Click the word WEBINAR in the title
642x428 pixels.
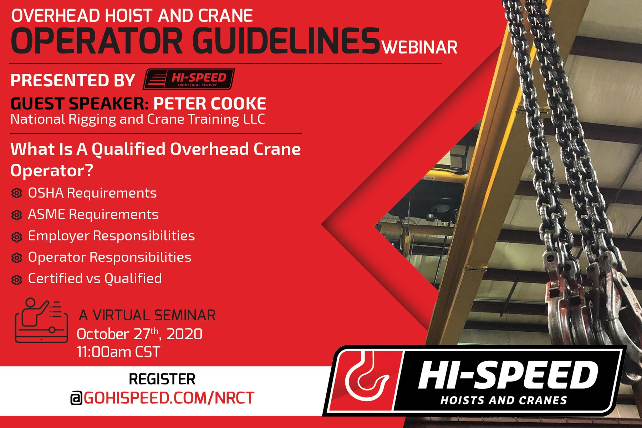coord(420,47)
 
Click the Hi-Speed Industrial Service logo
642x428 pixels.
coord(189,79)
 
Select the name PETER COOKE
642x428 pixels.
coord(210,104)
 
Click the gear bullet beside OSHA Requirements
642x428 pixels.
coord(16,193)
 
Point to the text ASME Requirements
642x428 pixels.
coord(93,214)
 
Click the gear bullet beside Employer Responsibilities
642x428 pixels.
coord(16,237)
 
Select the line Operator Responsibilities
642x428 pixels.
coord(109,257)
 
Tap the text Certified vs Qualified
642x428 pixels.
coord(95,279)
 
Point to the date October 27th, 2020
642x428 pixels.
coord(139,334)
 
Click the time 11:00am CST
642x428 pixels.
coord(118,352)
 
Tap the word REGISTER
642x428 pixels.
coord(162,379)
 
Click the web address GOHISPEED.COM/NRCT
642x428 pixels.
coord(169,398)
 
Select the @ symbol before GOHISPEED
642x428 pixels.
coord(76,398)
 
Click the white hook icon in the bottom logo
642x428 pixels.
coord(367,378)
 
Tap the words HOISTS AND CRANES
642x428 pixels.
coord(503,400)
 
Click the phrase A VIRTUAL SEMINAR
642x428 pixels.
coord(147,315)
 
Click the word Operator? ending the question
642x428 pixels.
coord(52,170)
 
